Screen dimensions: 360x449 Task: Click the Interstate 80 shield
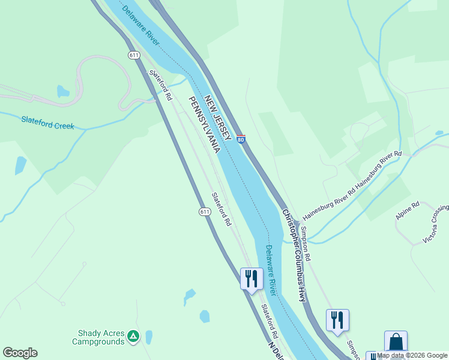[240, 140]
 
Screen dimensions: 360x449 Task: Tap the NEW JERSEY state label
[217, 118]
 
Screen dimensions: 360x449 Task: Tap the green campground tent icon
[133, 338]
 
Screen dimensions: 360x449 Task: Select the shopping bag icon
[396, 341]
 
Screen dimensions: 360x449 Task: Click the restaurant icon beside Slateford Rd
[252, 278]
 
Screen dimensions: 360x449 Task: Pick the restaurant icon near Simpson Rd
[337, 320]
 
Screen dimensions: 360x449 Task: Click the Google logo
[20, 353]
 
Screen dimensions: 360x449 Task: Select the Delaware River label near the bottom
[271, 270]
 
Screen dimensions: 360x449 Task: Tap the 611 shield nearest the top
[133, 55]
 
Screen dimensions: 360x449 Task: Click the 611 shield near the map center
[205, 212]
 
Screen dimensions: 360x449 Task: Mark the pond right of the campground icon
[149, 337]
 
